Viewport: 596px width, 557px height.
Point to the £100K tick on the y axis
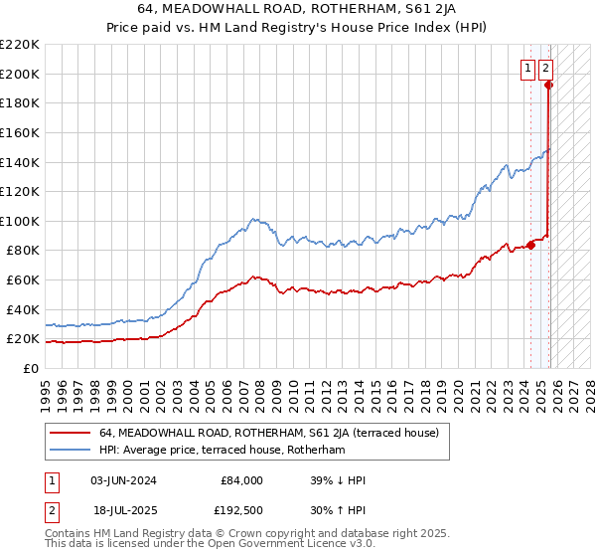[20, 221]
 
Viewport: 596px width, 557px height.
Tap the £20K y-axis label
[23, 339]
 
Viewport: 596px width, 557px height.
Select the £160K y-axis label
[20, 132]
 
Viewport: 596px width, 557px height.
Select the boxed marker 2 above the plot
[546, 69]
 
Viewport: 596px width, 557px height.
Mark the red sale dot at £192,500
[548, 85]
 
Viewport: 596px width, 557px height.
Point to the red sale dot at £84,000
[530, 245]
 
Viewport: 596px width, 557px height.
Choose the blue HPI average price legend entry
[222, 451]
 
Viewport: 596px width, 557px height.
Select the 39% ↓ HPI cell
[339, 480]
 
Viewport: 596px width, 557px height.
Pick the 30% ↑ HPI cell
[339, 510]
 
